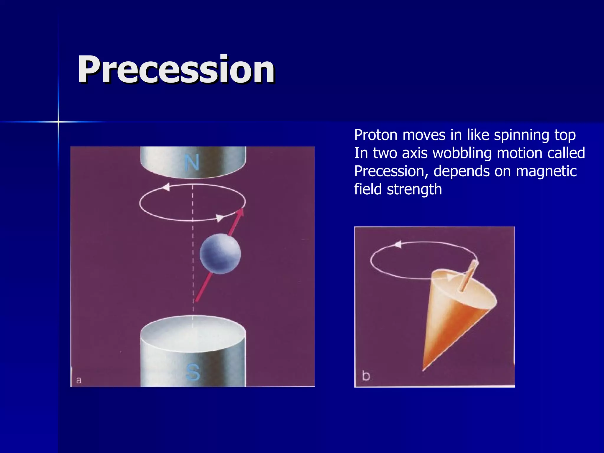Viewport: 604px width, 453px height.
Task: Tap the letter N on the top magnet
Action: point(192,163)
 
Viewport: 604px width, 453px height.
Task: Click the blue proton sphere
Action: point(220,254)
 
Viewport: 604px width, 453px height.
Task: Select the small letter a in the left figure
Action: point(78,380)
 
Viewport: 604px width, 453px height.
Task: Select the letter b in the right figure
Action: point(366,376)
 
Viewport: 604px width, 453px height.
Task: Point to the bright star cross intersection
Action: point(58,122)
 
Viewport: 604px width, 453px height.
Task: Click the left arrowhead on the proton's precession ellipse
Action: point(166,187)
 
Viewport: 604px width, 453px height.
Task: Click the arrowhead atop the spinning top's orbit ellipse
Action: point(398,244)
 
